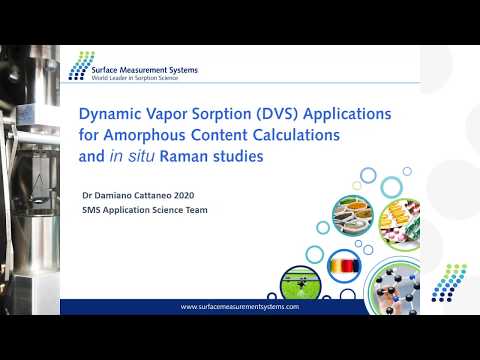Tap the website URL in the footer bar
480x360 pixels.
click(x=240, y=307)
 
